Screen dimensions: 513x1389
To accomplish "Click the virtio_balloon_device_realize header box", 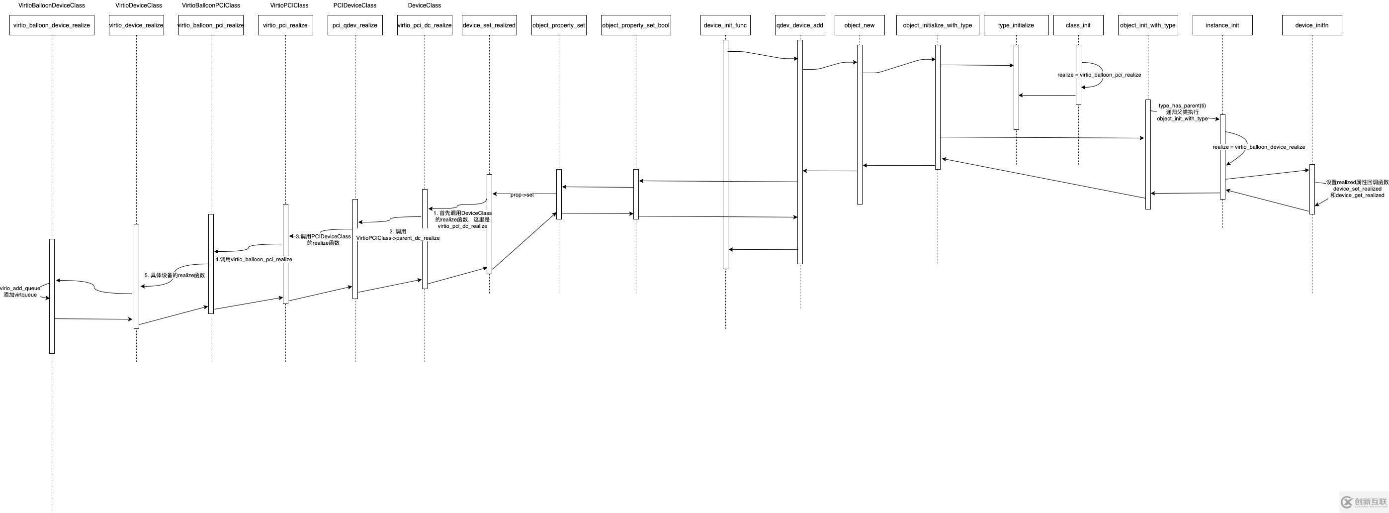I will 52,25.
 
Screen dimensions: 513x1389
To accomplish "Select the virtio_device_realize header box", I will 136,25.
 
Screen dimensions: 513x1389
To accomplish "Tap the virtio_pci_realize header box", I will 285,25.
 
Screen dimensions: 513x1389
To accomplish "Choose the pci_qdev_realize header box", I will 355,25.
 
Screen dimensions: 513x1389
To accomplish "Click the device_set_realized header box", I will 489,25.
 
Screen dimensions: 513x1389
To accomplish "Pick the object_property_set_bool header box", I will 636,25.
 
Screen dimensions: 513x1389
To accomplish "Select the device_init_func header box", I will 725,25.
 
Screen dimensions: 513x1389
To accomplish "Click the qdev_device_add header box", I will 800,25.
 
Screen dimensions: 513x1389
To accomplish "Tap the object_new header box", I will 860,25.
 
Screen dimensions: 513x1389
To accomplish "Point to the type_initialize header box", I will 1016,25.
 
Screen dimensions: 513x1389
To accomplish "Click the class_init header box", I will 1078,25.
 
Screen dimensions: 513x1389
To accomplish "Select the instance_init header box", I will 1222,25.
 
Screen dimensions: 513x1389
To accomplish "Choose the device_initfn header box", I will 1312,25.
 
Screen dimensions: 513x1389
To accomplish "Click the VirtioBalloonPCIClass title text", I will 211,5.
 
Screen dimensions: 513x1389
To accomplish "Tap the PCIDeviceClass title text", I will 355,5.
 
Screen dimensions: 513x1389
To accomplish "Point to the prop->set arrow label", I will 522,195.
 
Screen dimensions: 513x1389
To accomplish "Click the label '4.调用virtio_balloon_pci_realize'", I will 254,259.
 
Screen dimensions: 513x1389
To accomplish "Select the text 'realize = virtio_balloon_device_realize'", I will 1259,147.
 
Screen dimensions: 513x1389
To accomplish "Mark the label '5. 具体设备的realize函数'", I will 174,275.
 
